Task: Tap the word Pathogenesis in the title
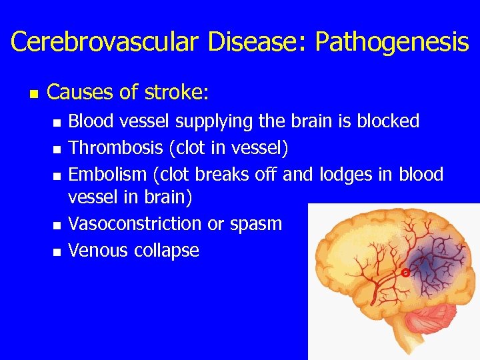point(391,42)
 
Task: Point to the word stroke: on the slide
point(175,92)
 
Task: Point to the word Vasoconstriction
point(135,224)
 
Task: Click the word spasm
point(257,224)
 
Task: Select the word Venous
point(99,251)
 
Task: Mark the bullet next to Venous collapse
point(57,252)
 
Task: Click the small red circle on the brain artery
point(405,273)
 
